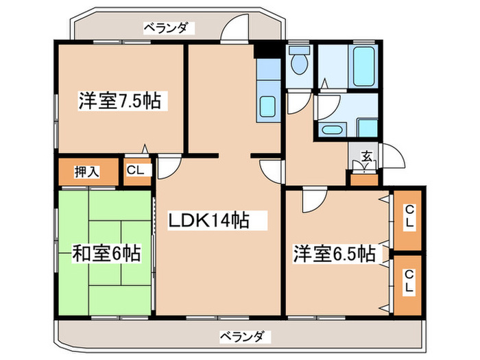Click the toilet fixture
pos(299,64)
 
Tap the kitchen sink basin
pos(267,108)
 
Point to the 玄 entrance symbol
pos(367,156)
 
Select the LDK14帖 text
pos(208,221)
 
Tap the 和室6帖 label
pos(107,254)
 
